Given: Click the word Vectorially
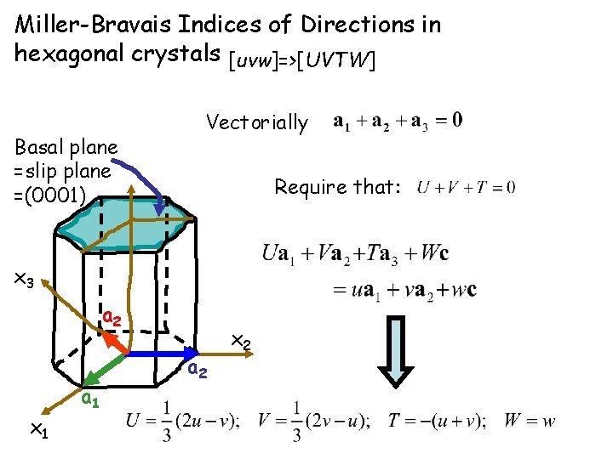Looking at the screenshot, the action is pos(257,122).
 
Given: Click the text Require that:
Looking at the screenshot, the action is pos(337,187).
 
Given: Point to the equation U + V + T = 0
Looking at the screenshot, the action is pos(467,187).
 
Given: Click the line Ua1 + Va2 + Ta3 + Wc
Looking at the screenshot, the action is pos(356,253).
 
